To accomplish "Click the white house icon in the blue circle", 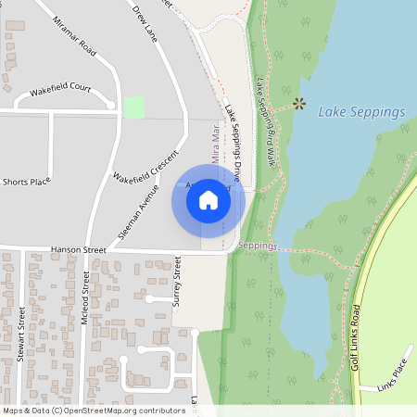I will [x=208, y=200].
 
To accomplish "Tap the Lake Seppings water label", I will [x=361, y=112].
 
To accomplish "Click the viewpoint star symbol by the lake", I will [x=298, y=104].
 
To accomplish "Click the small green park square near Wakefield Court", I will [x=134, y=107].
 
